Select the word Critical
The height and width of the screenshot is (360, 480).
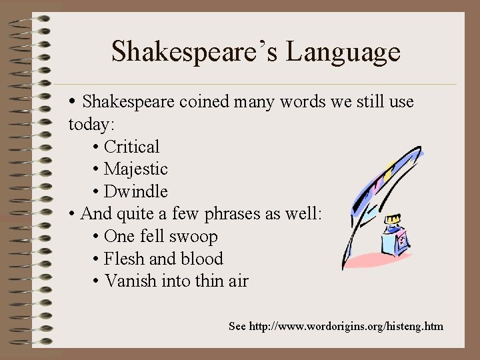click(x=132, y=147)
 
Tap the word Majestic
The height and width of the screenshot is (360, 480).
click(x=136, y=169)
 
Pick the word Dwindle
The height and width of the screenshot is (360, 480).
click(x=136, y=191)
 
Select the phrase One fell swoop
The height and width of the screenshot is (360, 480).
click(x=161, y=237)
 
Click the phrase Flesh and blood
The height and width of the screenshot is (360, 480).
click(x=163, y=259)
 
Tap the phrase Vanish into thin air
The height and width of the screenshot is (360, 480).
click(x=176, y=281)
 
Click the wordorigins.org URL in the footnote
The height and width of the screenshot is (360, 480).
click(x=346, y=326)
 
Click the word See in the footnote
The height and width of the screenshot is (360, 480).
click(x=237, y=326)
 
